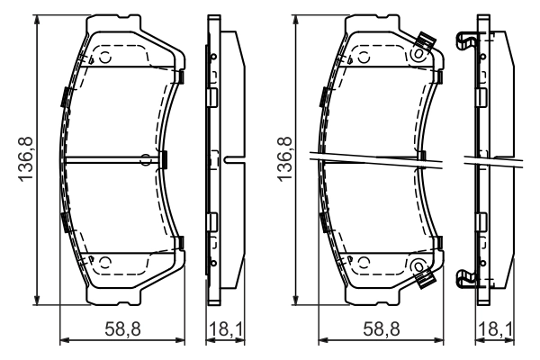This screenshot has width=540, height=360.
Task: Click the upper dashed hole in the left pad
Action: pyautogui.click(x=103, y=58)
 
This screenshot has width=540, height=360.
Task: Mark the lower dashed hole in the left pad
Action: pyautogui.click(x=103, y=262)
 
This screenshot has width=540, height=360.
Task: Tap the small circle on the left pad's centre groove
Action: pyautogui.click(x=146, y=160)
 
